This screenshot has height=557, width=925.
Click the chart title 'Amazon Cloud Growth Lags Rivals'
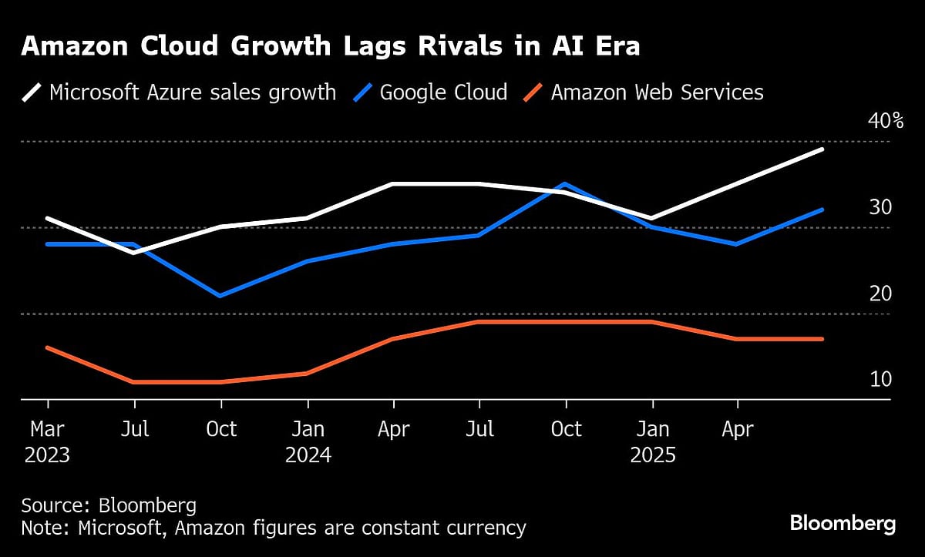coord(330,47)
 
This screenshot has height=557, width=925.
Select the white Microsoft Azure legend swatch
coord(32,92)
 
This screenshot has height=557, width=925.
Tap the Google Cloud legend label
coord(443,92)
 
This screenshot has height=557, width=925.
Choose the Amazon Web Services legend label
coord(657,92)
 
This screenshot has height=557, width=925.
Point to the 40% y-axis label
coord(874,121)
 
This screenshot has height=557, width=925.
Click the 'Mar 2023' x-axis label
coord(48,441)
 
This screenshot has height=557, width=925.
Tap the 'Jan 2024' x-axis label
coord(308,441)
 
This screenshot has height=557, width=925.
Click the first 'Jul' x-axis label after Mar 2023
coord(135,428)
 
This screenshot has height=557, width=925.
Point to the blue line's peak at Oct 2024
coord(566,184)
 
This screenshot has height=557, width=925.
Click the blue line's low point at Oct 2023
coord(221,296)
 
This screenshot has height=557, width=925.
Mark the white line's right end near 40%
coord(822,149)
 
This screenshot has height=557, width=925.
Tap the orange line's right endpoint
coord(822,339)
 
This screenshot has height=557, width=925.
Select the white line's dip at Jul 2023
coord(135,253)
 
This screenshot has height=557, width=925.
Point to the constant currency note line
coord(274,528)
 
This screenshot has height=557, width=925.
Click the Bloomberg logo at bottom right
coord(843,525)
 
